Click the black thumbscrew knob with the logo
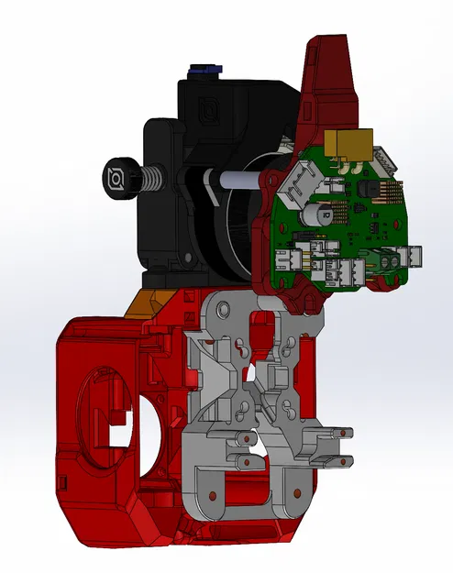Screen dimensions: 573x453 [x=120, y=175]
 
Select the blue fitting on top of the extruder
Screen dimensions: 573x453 [x=204, y=70]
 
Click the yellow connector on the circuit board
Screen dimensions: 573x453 [x=352, y=142]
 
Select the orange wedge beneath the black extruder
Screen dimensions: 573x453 [x=147, y=300]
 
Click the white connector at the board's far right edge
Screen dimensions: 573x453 [x=414, y=256]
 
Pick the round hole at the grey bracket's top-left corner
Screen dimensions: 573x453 [x=215, y=307]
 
